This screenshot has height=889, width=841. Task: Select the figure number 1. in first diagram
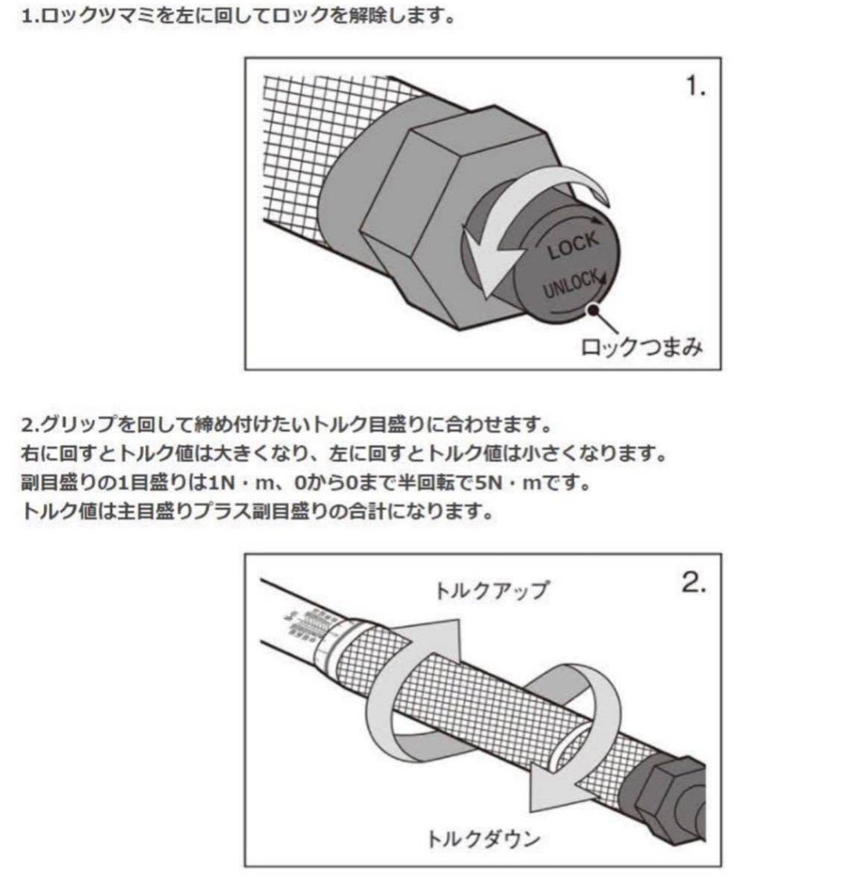[x=695, y=88]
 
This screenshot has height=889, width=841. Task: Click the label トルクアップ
[x=492, y=589]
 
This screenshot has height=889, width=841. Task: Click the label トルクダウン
[x=483, y=839]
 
